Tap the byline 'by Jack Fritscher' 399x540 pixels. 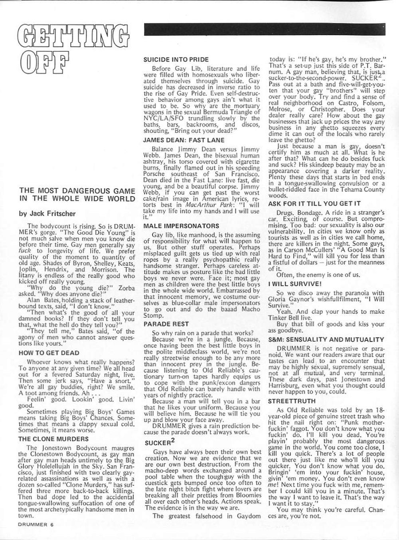[x=47, y=213]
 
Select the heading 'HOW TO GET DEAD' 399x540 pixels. [x=49, y=353]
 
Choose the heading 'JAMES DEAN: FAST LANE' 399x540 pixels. [x=184, y=140]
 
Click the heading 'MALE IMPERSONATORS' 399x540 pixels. [x=181, y=226]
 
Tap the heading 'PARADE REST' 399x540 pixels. [x=166, y=324]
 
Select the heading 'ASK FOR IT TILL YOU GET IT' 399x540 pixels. [x=314, y=203]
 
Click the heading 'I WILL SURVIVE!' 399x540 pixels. [x=295, y=284]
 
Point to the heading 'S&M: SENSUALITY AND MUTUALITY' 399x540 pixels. [x=326, y=340]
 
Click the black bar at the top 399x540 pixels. [x=264, y=29]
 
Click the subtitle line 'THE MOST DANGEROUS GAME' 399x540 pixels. [x=77, y=190]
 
